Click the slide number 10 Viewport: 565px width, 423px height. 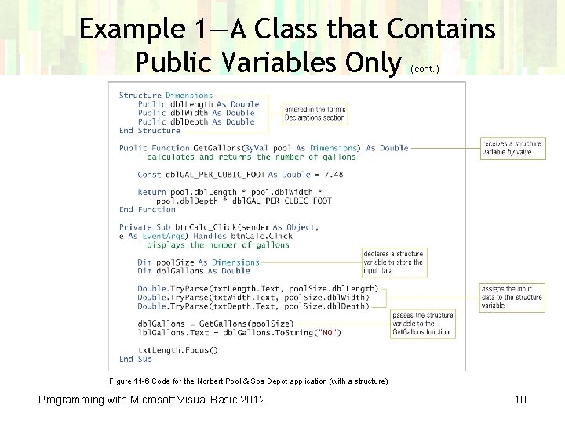(520, 400)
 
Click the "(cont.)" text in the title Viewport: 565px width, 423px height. (425, 69)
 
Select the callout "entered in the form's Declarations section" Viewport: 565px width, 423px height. (315, 114)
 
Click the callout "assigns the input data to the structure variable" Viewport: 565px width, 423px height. (511, 297)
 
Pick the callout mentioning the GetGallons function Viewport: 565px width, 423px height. (422, 324)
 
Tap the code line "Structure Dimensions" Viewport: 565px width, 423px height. (166, 96)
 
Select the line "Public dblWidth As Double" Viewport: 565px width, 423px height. (196, 113)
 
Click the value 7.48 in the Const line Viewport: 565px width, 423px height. (333, 175)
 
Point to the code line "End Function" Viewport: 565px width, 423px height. (148, 210)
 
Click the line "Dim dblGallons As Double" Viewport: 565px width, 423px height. (193, 271)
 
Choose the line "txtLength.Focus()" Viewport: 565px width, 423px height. (177, 350)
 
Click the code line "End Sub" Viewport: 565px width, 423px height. (135, 359)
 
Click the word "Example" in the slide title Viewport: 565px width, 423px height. (131, 30)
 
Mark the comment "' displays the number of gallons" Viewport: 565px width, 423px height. (213, 245)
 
